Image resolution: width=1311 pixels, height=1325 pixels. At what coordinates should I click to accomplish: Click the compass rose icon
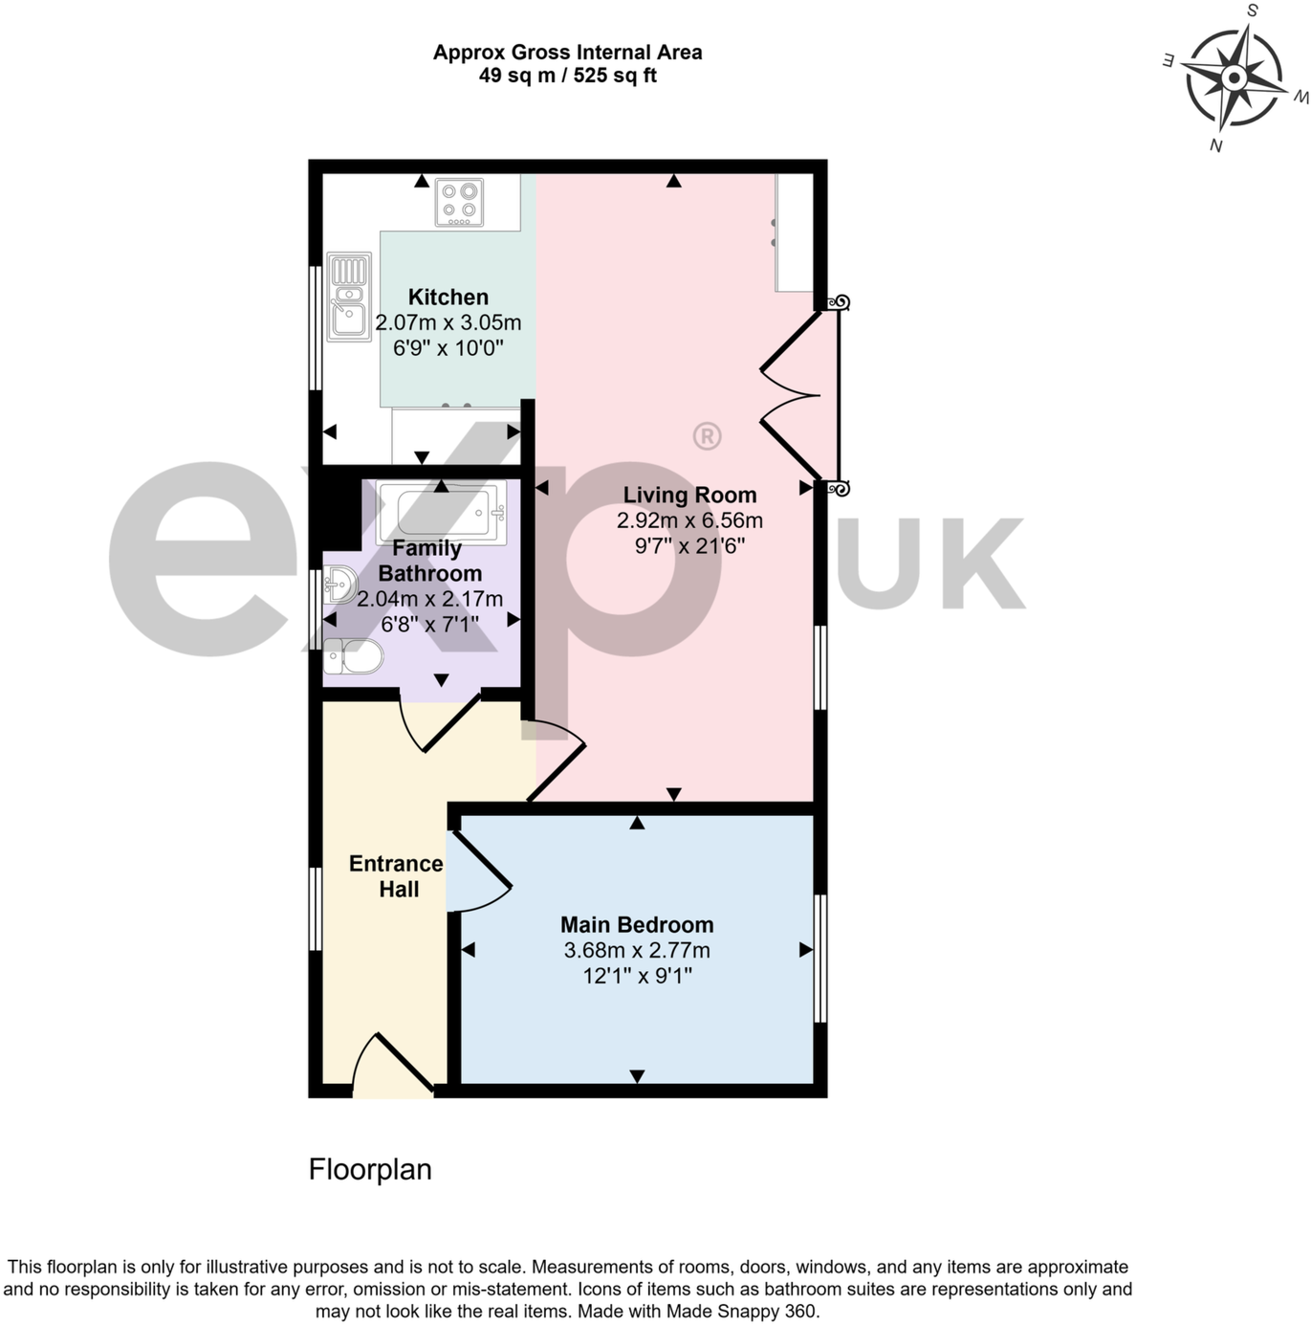pos(1233,77)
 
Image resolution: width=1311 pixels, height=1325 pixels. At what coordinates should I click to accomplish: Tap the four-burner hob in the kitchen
pos(459,203)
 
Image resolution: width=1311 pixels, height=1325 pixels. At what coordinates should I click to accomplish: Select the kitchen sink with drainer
pos(349,297)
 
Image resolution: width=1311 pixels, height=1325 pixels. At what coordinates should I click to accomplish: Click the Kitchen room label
pos(448,298)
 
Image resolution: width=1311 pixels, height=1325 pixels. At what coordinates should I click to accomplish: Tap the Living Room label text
pos(689,496)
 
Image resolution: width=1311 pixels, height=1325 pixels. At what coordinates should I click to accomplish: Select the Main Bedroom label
pos(637,925)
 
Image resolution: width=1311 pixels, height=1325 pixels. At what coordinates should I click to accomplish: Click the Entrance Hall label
pos(397,876)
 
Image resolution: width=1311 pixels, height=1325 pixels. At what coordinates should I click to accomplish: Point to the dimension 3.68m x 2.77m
pos(637,951)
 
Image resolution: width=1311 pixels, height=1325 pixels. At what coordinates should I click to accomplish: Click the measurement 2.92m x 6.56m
pos(689,521)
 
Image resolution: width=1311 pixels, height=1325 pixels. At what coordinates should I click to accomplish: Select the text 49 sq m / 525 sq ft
pos(567,77)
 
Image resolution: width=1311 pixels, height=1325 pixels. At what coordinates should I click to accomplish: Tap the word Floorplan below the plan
pos(370,1170)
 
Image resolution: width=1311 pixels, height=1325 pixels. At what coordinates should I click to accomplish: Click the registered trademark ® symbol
pos(707,436)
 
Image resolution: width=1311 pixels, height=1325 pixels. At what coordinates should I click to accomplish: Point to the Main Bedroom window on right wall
pos(819,959)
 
